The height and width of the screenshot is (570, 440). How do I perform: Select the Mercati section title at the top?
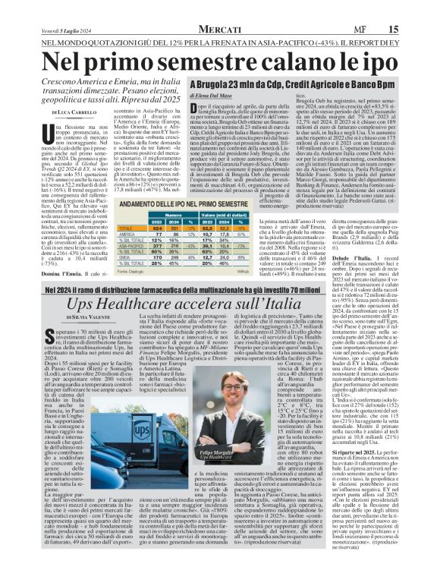tap(219, 29)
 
